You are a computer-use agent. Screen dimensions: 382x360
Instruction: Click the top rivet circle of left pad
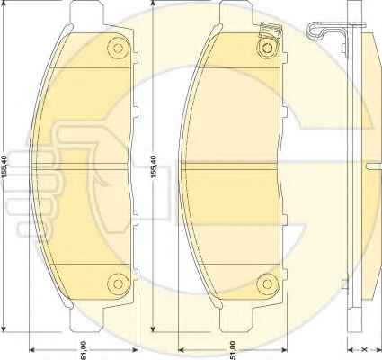[x=119, y=48]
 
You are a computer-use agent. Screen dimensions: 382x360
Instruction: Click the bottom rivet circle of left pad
[x=118, y=283]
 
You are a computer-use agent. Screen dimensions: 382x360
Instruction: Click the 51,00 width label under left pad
[x=84, y=350]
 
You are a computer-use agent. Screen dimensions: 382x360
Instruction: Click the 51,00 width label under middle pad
[x=233, y=350]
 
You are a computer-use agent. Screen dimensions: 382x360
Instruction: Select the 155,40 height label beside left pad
[x=4, y=167]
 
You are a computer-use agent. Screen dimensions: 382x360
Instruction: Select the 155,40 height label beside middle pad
[x=154, y=167]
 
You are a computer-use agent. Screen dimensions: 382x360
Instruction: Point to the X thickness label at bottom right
[x=364, y=349]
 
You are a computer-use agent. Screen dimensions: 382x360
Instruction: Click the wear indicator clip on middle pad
[x=269, y=31]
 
